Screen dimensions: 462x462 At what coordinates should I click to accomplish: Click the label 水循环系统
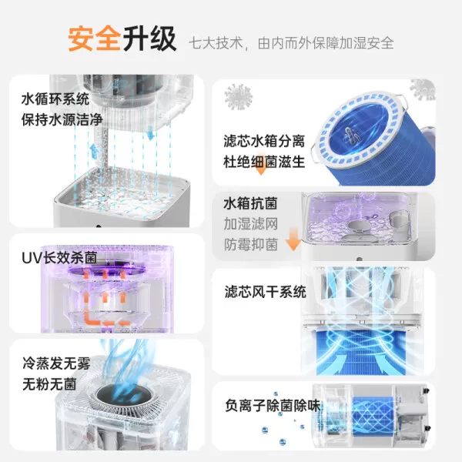56,99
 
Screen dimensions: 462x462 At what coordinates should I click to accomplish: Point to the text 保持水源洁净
62,120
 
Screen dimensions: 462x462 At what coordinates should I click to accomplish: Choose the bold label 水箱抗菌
250,205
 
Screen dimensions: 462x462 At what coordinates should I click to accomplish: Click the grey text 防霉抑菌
250,245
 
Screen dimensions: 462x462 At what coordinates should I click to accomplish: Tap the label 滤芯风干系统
265,293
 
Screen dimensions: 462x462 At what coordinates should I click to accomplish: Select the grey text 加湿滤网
250,225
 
